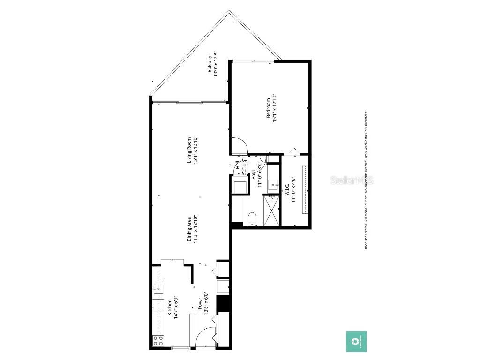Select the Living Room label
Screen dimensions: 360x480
[189, 150]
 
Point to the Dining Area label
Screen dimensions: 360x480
[189, 229]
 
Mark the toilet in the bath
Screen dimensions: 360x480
[251, 218]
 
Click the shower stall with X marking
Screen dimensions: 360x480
[271, 211]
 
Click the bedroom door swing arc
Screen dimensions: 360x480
[238, 145]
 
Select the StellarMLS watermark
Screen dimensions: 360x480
[352, 180]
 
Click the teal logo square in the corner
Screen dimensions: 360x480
[356, 341]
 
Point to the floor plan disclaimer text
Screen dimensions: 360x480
[366, 180]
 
